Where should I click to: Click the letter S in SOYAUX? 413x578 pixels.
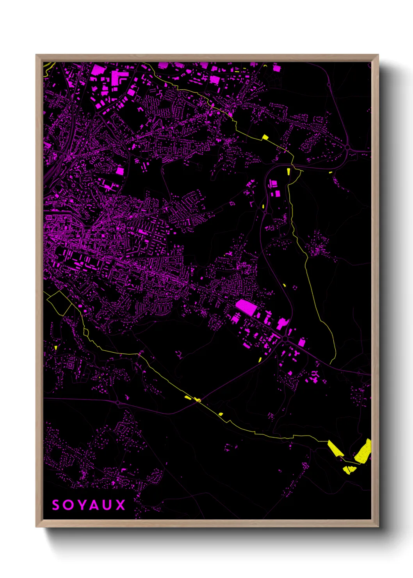tap(56, 505)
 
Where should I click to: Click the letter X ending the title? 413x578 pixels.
tap(121, 505)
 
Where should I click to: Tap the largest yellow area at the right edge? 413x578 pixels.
tap(363, 451)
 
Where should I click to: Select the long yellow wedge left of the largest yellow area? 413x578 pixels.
tap(335, 448)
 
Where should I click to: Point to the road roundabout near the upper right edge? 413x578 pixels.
tap(347, 147)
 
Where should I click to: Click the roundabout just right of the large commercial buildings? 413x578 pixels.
tap(286, 339)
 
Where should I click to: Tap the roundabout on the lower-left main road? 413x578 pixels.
tap(117, 402)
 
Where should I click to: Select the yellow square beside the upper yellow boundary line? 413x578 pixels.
tap(265, 137)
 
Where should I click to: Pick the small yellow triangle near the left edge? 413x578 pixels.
tap(56, 347)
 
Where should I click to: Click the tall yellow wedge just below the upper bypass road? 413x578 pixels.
tap(288, 171)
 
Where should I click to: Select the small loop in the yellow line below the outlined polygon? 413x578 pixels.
tap(86, 332)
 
